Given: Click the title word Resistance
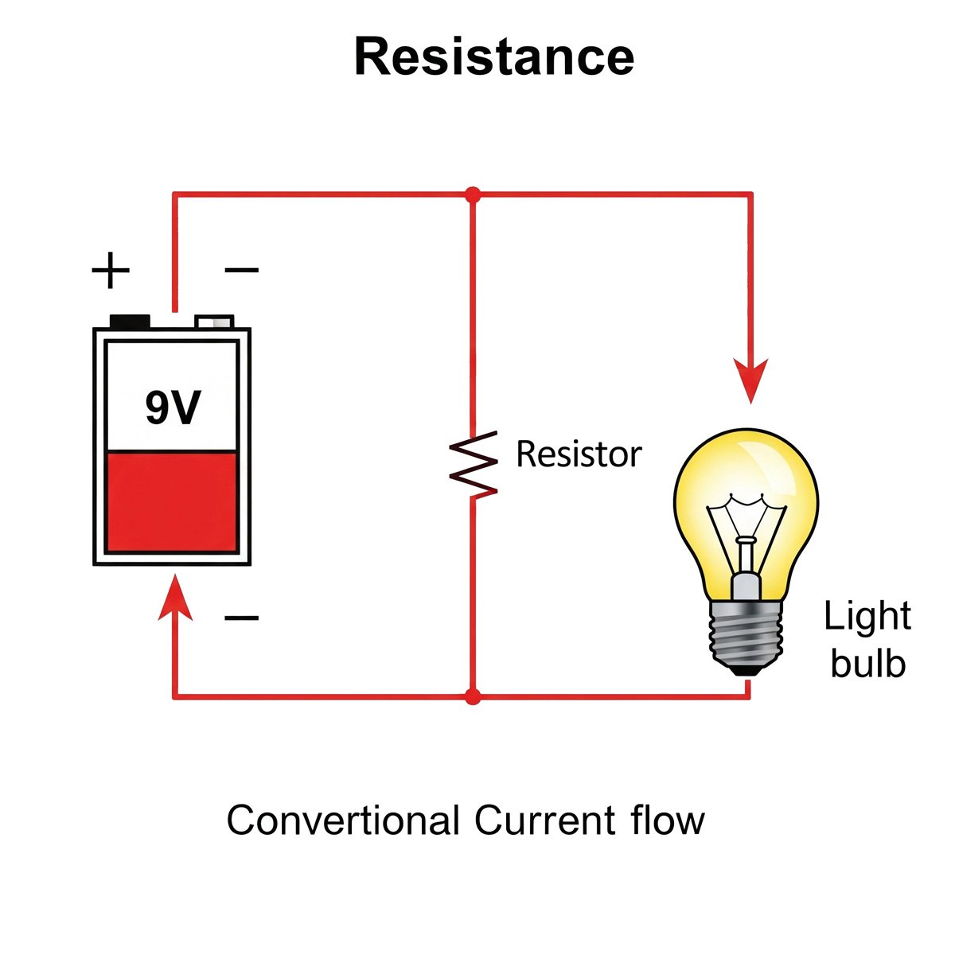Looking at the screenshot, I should (x=493, y=57).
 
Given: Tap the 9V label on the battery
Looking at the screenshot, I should (x=173, y=407).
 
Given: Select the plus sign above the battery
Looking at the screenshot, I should (x=111, y=271).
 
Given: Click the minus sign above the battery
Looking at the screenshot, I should (x=241, y=271).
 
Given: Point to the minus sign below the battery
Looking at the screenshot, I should (x=241, y=618).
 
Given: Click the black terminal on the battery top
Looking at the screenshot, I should (x=130, y=322).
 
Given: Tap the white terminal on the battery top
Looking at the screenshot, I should (x=215, y=322).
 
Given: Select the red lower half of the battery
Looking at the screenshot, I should (x=172, y=501).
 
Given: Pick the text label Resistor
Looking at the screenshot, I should (x=579, y=454).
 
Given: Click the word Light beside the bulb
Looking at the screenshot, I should (x=867, y=617).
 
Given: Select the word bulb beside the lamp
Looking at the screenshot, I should (x=867, y=663).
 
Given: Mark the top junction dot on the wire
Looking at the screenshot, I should (x=474, y=194).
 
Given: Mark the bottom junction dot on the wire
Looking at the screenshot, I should (x=474, y=697).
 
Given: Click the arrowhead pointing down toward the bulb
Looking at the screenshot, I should (x=750, y=380).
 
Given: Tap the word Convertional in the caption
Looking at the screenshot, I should (x=343, y=821).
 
